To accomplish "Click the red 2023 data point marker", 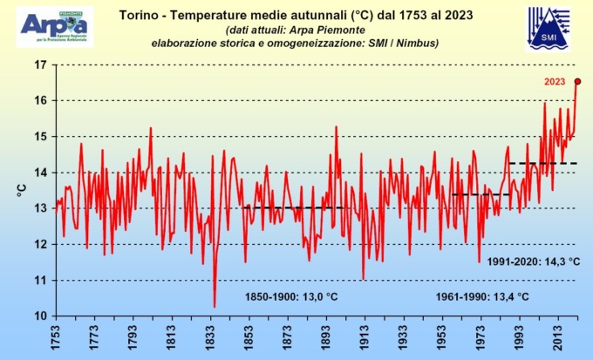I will pyautogui.click(x=577, y=81).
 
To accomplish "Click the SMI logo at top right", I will pyautogui.click(x=549, y=29).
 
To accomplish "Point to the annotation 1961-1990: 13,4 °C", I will pyautogui.click(x=482, y=296).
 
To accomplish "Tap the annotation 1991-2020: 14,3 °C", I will pyautogui.click(x=535, y=261).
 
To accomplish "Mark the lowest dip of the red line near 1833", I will pyautogui.click(x=215, y=306).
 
